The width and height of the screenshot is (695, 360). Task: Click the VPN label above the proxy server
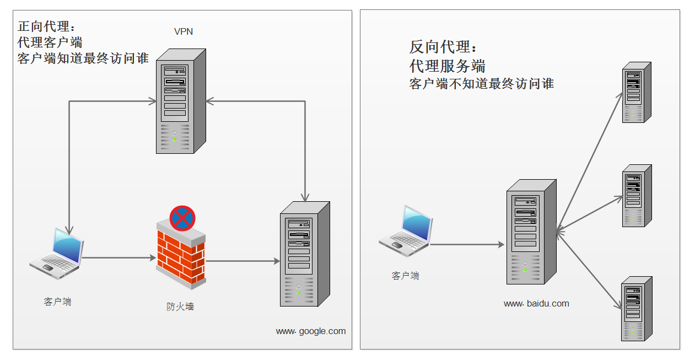(184, 31)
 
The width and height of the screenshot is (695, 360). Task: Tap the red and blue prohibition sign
(182, 218)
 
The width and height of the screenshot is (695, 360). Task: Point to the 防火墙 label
(180, 307)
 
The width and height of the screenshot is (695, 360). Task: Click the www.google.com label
(311, 331)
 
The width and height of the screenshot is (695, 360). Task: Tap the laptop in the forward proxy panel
(57, 250)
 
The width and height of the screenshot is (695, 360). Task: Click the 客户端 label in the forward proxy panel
(57, 302)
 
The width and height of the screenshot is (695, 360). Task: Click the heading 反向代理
(439, 47)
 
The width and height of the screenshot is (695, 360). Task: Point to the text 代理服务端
(447, 67)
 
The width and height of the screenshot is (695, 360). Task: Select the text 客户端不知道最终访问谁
(481, 84)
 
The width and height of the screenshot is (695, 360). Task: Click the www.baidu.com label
(536, 303)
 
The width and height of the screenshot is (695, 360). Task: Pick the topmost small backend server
(636, 93)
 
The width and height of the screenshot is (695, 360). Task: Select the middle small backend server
(636, 196)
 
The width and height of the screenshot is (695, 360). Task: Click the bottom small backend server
(636, 309)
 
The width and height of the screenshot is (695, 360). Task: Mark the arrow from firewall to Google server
(243, 261)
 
